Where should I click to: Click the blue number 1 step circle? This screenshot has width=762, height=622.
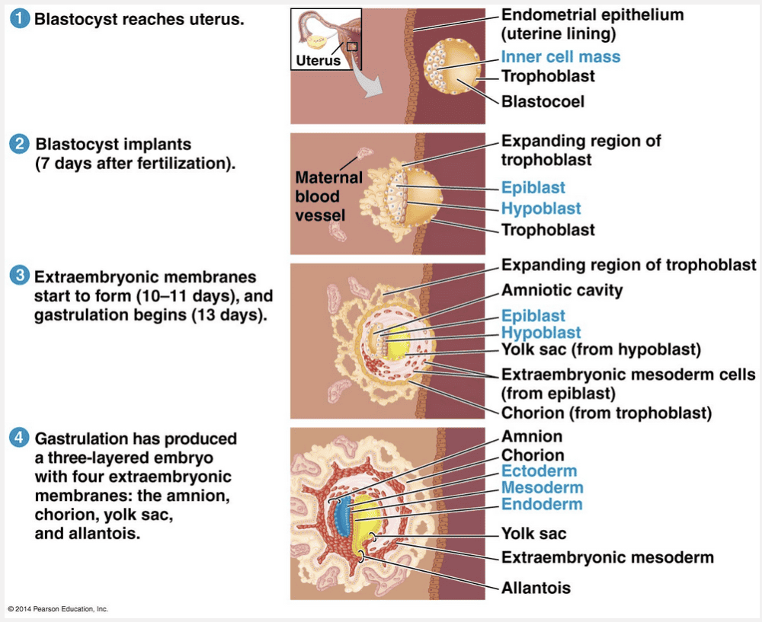pyautogui.click(x=19, y=20)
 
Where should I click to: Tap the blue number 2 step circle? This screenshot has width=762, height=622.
pyautogui.click(x=19, y=144)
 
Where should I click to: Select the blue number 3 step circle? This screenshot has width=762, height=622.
pyautogui.click(x=19, y=276)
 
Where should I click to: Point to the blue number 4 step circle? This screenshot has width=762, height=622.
pyautogui.click(x=19, y=439)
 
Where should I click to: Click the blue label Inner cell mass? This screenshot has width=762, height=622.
pyautogui.click(x=560, y=56)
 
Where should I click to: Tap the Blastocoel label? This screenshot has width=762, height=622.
pyautogui.click(x=543, y=100)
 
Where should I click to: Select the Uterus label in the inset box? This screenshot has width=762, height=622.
pyautogui.click(x=318, y=59)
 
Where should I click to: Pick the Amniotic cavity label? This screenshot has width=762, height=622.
pyautogui.click(x=562, y=290)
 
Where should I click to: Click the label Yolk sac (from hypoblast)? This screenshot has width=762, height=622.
pyautogui.click(x=600, y=349)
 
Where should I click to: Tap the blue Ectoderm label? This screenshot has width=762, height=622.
pyautogui.click(x=539, y=470)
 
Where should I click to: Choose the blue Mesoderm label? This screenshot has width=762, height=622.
pyautogui.click(x=542, y=487)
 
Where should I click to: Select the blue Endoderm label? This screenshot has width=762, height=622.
pyautogui.click(x=541, y=504)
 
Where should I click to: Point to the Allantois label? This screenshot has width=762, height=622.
pyautogui.click(x=536, y=588)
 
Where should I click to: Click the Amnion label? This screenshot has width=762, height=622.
pyautogui.click(x=532, y=436)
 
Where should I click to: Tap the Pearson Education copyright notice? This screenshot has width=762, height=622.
pyautogui.click(x=59, y=609)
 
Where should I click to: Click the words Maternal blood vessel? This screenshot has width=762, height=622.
pyautogui.click(x=328, y=196)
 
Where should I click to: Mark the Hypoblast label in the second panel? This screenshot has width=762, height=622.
pyautogui.click(x=540, y=209)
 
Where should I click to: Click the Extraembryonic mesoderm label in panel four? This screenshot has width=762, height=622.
pyautogui.click(x=607, y=557)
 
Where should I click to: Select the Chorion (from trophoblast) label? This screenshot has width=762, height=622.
pyautogui.click(x=606, y=413)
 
